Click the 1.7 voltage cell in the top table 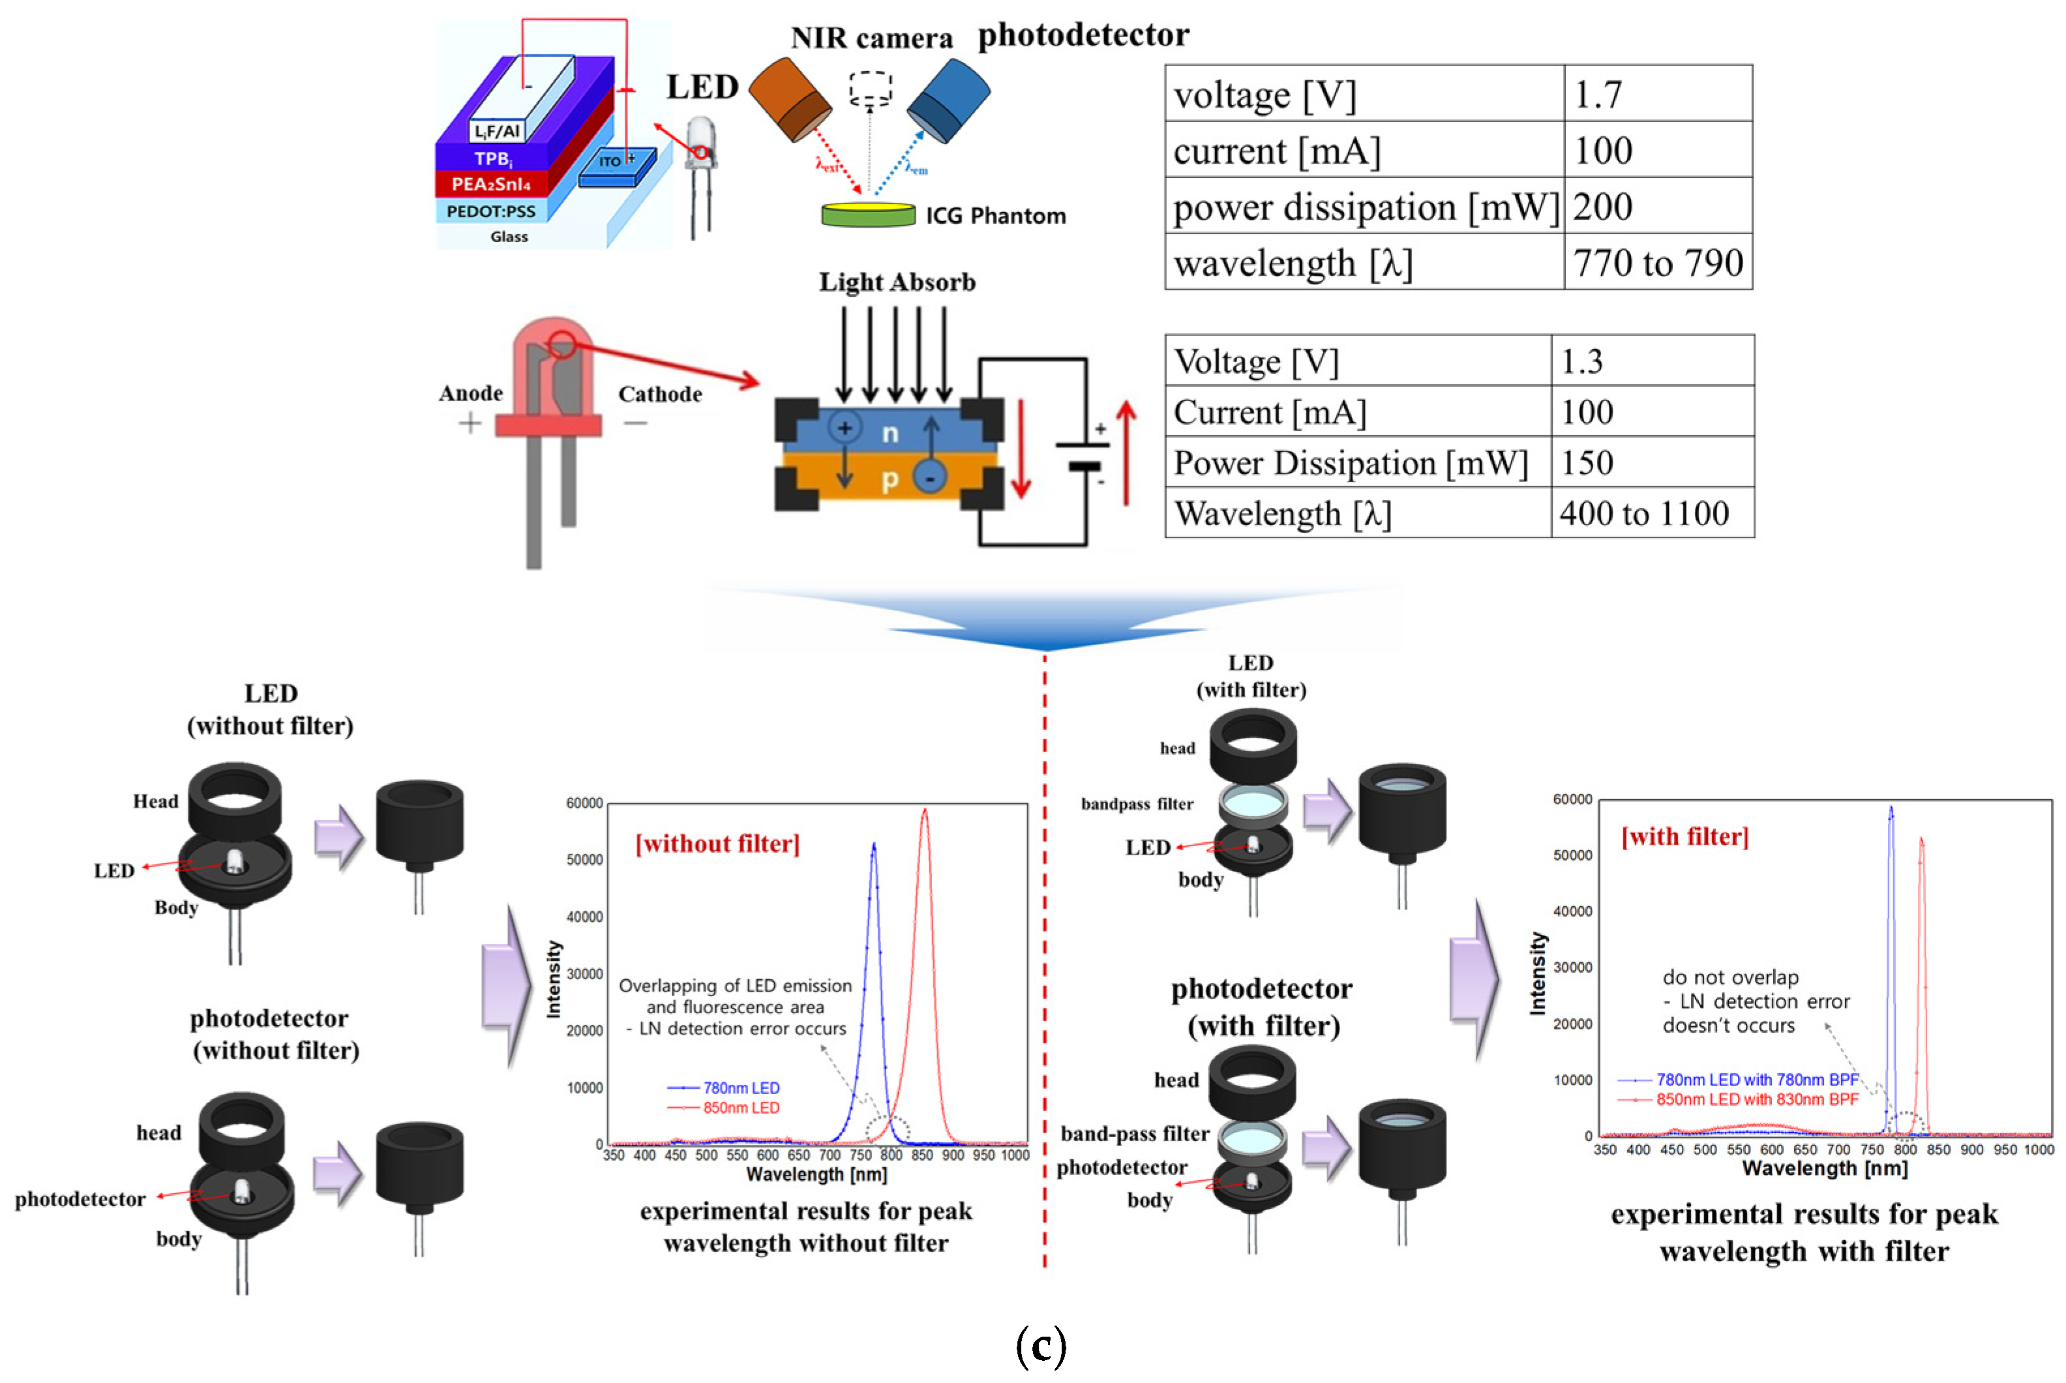coord(1598,93)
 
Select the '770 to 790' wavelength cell coord(1657,262)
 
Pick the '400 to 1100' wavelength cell coord(1643,513)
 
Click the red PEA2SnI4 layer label coord(490,183)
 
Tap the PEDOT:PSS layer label coord(490,211)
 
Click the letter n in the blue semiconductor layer coord(890,432)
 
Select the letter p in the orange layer coord(890,479)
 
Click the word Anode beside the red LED coord(471,393)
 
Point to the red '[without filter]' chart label coord(717,844)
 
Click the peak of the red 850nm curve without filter coord(924,810)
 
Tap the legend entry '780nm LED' coord(740,1087)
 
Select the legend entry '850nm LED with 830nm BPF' coord(1756,1099)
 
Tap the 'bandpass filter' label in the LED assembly coord(1136,804)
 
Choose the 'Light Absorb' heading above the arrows coord(897,282)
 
